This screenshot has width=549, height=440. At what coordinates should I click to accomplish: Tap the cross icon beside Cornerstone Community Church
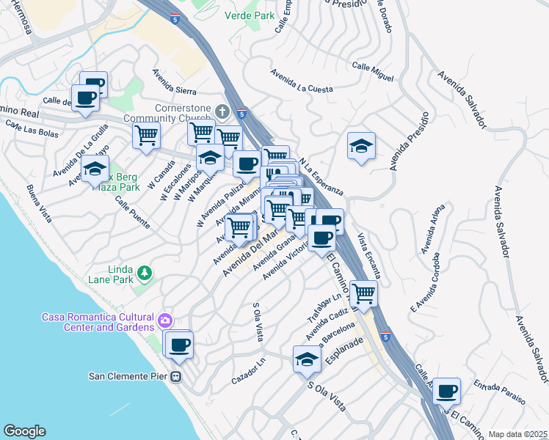(223, 111)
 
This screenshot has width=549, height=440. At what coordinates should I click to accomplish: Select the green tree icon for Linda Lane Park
(145, 273)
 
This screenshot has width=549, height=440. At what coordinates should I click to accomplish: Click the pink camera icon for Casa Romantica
(166, 320)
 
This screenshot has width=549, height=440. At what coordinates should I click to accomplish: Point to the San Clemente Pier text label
(129, 376)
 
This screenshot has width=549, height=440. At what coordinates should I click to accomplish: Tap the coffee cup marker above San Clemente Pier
(178, 345)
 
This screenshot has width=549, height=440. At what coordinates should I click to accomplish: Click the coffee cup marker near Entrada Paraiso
(446, 392)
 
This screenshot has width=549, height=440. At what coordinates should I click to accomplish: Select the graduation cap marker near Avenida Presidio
(361, 147)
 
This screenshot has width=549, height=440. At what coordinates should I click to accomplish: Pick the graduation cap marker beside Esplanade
(307, 359)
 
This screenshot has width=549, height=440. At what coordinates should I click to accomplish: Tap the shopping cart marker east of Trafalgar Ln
(364, 295)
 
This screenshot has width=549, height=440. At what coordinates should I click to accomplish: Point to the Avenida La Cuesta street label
(301, 81)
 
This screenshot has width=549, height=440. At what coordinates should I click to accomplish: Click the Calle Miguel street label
(373, 72)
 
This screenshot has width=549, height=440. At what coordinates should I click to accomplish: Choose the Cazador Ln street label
(247, 373)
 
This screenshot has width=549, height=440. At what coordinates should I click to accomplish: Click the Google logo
(24, 431)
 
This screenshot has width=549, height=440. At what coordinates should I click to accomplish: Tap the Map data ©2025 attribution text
(517, 434)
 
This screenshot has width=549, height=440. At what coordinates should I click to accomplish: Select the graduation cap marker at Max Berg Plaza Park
(95, 170)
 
